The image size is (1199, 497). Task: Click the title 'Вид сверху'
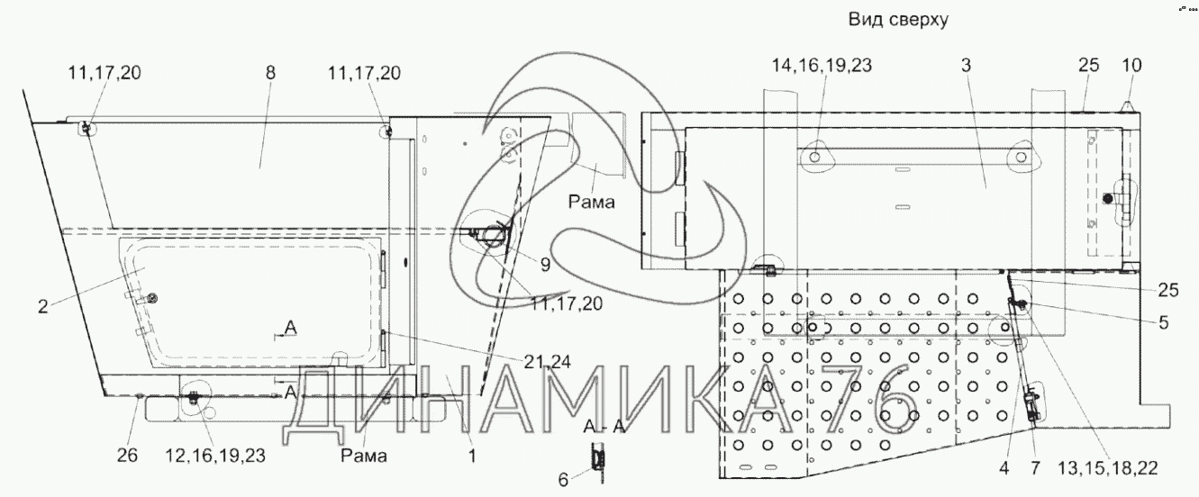tap(898, 20)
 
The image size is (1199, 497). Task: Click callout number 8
tap(270, 73)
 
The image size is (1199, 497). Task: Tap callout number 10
tap(1131, 65)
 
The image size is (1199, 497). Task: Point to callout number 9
tap(545, 265)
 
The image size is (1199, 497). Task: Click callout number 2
tap(43, 306)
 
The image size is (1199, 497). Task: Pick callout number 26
tap(127, 456)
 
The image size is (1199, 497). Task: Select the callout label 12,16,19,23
tap(215, 456)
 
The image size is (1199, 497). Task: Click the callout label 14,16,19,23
tap(822, 65)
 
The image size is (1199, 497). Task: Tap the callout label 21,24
tap(547, 363)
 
